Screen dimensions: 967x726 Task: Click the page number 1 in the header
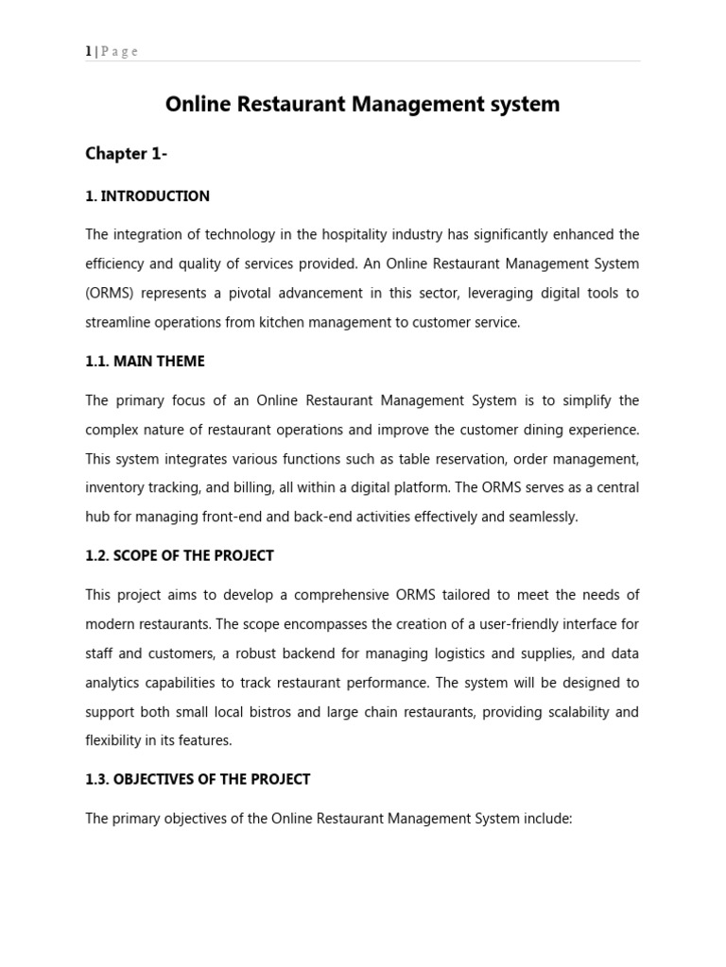[x=88, y=52]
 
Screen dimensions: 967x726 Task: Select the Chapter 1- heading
[x=127, y=154]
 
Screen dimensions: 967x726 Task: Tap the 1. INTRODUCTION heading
[x=147, y=196]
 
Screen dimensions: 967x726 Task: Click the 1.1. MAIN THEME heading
[x=145, y=362]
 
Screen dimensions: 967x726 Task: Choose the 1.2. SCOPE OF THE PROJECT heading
[x=180, y=555]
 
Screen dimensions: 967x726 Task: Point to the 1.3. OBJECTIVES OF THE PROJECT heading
[x=198, y=779]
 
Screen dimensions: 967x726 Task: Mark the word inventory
[x=113, y=488]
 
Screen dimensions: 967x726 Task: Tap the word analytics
[x=115, y=682]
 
